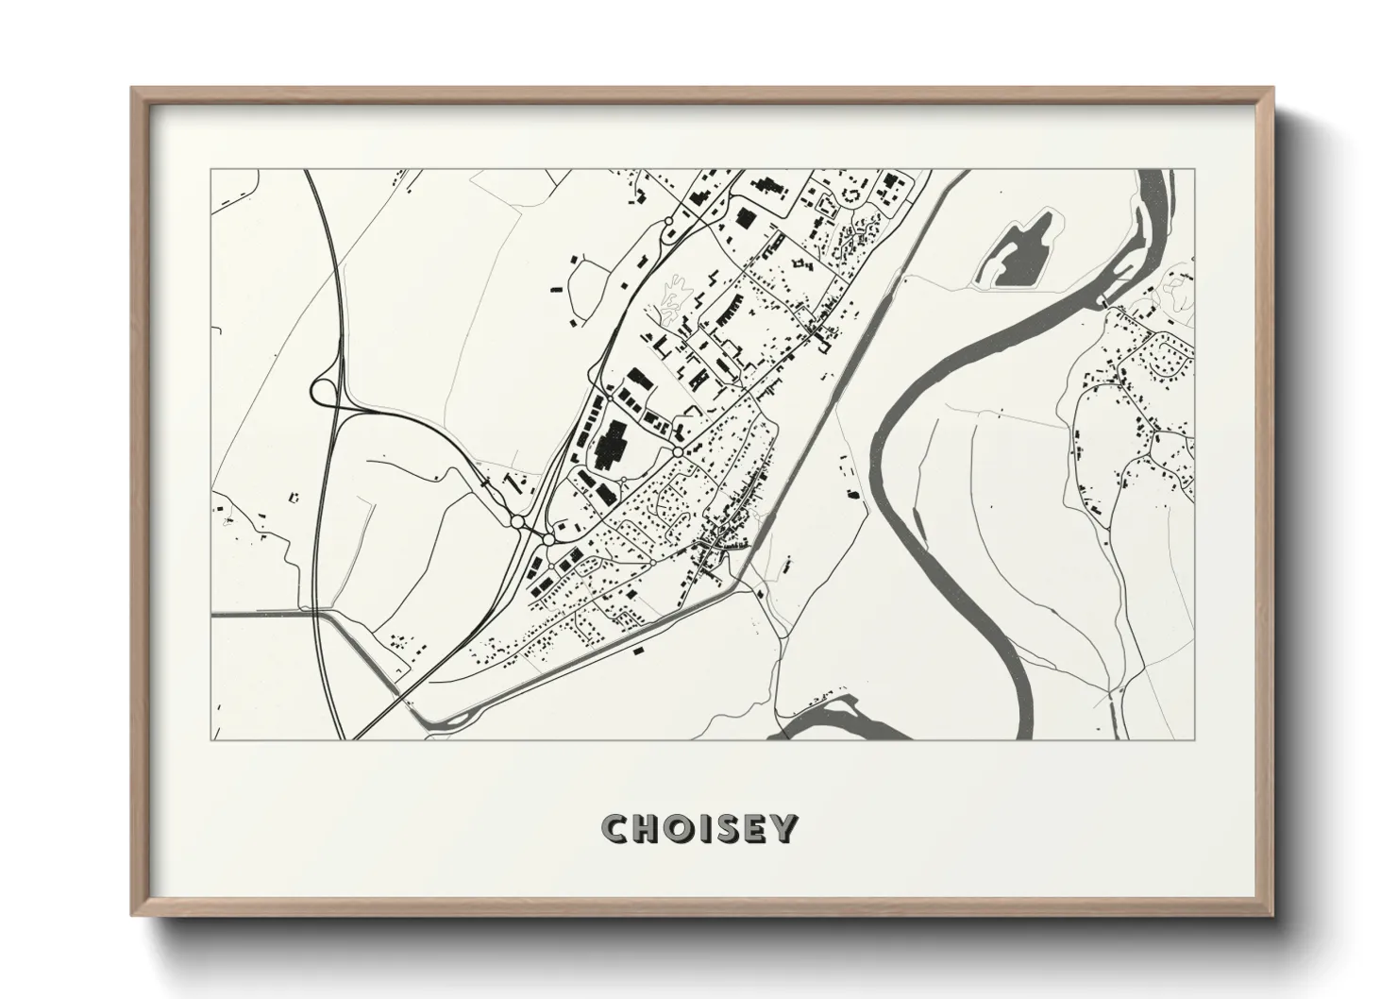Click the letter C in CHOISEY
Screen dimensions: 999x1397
tap(615, 829)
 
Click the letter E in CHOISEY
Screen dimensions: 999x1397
tap(758, 829)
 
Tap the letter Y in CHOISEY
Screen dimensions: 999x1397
tap(785, 829)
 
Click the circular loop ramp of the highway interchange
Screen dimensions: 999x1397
tap(321, 390)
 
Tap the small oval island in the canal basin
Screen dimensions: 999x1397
tap(459, 720)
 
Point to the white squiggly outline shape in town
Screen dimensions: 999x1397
tap(674, 299)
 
